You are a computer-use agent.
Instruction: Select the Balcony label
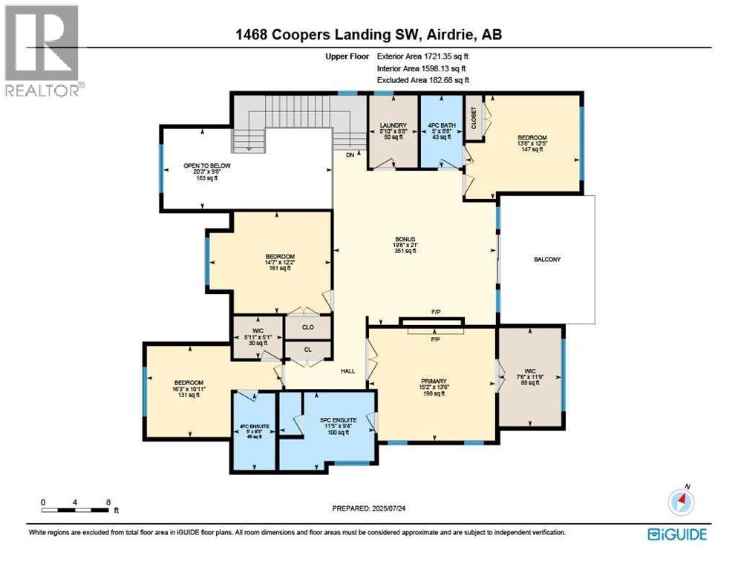(x=546, y=259)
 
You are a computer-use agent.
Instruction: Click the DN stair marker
(x=350, y=154)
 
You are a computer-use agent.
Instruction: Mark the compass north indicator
(x=679, y=502)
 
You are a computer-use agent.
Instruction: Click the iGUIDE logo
(x=676, y=534)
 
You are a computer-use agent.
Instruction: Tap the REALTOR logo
(x=42, y=50)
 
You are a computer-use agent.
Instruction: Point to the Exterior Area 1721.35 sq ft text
(x=423, y=56)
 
